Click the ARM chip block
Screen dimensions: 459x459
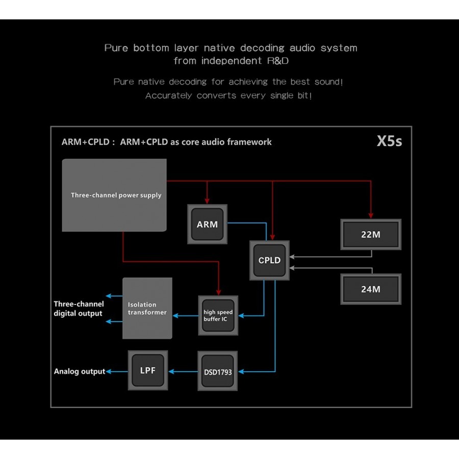(207, 224)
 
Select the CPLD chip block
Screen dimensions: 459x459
(269, 260)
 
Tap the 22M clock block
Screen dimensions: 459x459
(371, 235)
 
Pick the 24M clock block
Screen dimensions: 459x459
(371, 289)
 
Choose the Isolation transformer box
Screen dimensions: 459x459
(147, 309)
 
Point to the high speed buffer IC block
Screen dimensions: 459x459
(218, 316)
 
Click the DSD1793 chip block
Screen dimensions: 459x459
(218, 372)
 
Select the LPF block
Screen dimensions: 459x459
(147, 370)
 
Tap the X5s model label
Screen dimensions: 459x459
(389, 141)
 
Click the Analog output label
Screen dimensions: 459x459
(79, 371)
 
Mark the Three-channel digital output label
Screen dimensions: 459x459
(79, 309)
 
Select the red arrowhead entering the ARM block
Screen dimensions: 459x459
(207, 200)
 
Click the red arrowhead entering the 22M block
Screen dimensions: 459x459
(371, 215)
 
